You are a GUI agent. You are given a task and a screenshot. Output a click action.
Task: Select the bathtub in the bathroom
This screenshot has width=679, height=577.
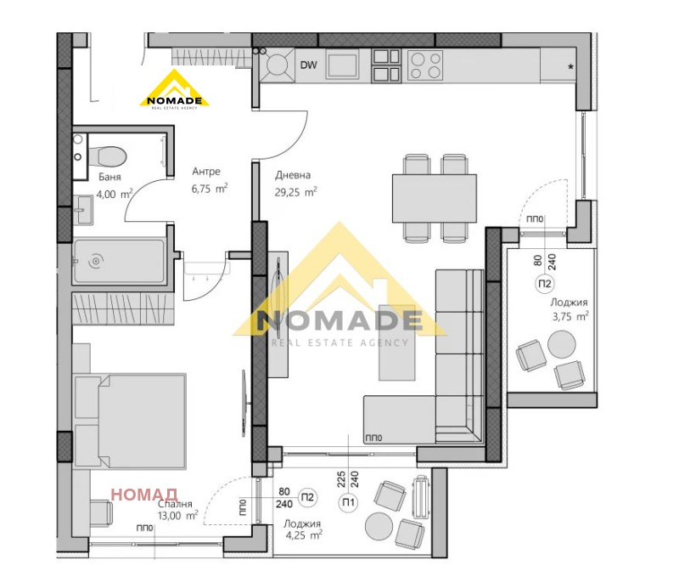coord(118,260)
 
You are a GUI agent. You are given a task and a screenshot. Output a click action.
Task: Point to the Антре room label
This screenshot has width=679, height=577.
coord(206,170)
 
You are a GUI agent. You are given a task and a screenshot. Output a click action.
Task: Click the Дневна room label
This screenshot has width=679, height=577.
coord(292,176)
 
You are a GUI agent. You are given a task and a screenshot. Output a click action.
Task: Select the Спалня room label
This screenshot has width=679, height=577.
coord(175,503)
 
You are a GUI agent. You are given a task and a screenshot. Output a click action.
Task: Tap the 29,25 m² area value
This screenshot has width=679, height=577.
coord(295,192)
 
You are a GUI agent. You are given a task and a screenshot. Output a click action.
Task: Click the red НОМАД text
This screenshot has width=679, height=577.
coord(143,494)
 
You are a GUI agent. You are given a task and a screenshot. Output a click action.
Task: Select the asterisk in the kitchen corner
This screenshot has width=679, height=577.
coord(570,65)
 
